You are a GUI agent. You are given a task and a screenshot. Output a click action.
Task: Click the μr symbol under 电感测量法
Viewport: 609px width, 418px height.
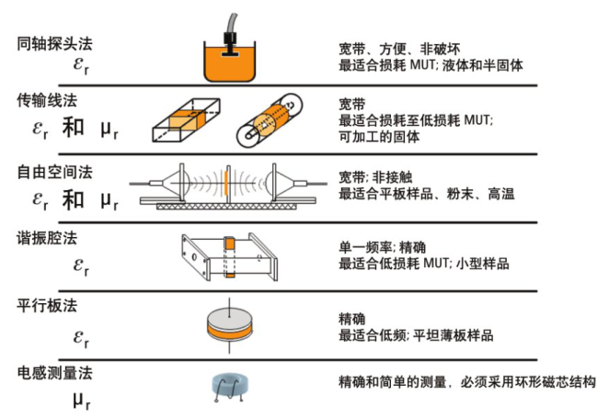coord(84,401)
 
